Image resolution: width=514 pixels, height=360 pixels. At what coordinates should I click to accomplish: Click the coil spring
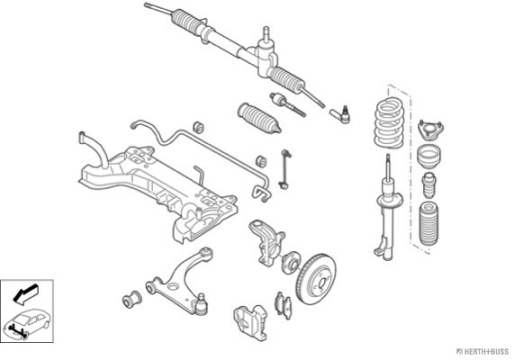pyautogui.click(x=389, y=123)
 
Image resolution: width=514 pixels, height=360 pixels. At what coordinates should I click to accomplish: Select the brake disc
pyautogui.click(x=316, y=279)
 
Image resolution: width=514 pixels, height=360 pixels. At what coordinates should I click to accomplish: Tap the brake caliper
pyautogui.click(x=251, y=322)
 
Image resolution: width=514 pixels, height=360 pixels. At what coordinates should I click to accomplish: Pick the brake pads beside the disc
pyautogui.click(x=283, y=305)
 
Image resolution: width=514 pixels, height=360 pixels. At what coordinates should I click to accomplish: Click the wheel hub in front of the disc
pyautogui.click(x=291, y=262)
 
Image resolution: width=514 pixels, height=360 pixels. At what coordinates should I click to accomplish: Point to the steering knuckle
pyautogui.click(x=266, y=242)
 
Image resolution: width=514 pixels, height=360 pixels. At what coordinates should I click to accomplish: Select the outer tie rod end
pyautogui.click(x=340, y=115)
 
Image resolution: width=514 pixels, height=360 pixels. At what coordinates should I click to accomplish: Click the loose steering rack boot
pyautogui.click(x=259, y=119)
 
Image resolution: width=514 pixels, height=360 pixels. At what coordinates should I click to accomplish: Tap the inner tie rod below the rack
pyautogui.click(x=288, y=104)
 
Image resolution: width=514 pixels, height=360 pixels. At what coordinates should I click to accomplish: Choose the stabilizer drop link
pyautogui.click(x=284, y=170)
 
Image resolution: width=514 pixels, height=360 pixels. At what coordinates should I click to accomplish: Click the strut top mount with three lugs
pyautogui.click(x=431, y=130)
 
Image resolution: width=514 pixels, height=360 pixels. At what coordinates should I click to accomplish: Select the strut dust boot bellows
pyautogui.click(x=429, y=225)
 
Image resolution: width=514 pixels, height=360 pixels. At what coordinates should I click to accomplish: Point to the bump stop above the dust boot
pyautogui.click(x=428, y=184)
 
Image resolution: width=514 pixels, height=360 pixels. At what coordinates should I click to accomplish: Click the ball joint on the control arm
pyautogui.click(x=201, y=305)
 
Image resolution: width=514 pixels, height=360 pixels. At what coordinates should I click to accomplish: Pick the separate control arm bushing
pyautogui.click(x=131, y=299)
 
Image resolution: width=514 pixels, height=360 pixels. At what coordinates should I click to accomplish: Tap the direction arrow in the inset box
pyautogui.click(x=26, y=293)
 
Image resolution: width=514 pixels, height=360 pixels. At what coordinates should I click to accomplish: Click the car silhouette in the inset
pyautogui.click(x=28, y=323)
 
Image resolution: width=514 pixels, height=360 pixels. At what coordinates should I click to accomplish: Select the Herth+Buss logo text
pyautogui.click(x=482, y=352)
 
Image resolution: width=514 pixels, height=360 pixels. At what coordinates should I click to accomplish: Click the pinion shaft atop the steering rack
pyautogui.click(x=266, y=33)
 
